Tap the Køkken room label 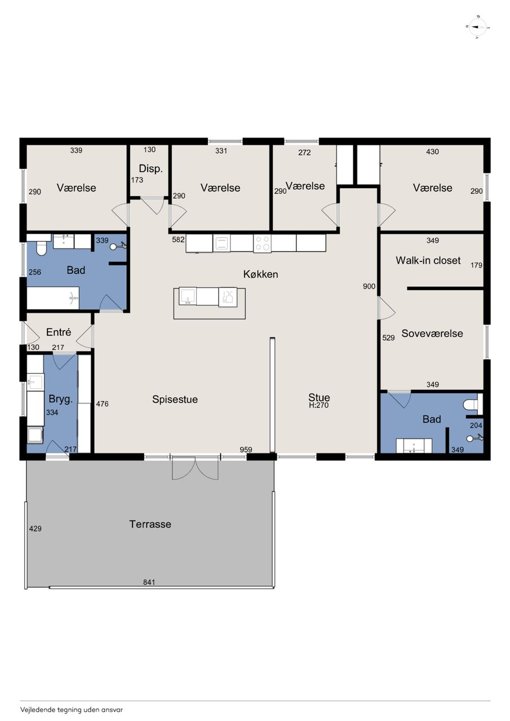tap(260, 274)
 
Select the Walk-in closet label tap(428, 260)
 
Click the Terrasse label tap(150, 524)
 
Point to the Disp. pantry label tap(150, 168)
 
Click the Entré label tap(58, 332)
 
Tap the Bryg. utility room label tap(60, 399)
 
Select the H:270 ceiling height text tap(318, 405)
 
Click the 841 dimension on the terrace tap(149, 582)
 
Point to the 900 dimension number tap(369, 286)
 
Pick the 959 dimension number tap(246, 449)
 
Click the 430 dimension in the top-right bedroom tap(432, 152)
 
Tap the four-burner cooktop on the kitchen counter tap(262, 243)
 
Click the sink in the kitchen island tap(188, 296)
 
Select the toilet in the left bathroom tap(41, 248)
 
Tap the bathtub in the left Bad tap(53, 298)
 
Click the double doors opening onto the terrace tap(195, 468)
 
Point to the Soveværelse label tap(432, 333)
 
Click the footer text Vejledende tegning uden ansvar tap(72, 709)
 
